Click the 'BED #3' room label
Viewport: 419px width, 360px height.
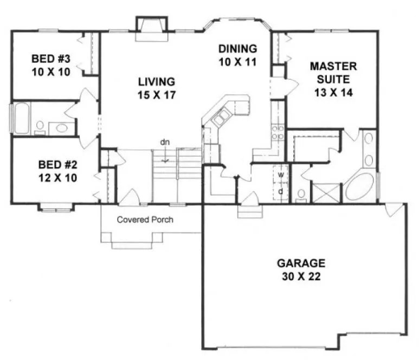pos(50,59)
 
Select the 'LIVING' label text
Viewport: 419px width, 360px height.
pos(156,82)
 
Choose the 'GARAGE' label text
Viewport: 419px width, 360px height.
pos(301,263)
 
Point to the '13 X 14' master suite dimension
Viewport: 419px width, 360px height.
pos(333,92)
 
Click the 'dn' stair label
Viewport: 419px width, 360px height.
pos(165,143)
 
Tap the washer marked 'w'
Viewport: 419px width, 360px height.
pos(281,175)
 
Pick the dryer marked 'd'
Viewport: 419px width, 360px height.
pos(281,191)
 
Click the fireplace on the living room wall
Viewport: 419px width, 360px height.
pos(147,28)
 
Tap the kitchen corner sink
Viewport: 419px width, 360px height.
pos(221,117)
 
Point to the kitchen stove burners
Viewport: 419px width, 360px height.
pos(278,133)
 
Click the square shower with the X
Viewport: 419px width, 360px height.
pos(326,193)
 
